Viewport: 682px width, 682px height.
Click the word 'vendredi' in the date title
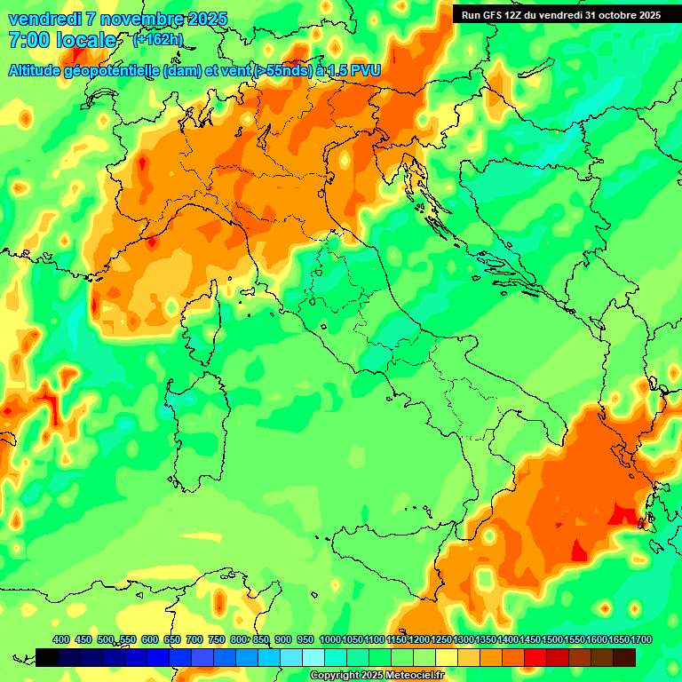(x=38, y=19)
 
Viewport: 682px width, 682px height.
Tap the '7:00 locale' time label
(x=61, y=40)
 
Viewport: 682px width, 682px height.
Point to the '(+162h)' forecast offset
(x=158, y=40)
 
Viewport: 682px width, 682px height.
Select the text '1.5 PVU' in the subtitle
(x=354, y=70)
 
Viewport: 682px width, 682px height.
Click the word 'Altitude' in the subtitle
(x=35, y=70)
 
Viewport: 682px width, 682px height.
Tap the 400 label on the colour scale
(x=61, y=640)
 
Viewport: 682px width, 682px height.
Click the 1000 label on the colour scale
(x=330, y=640)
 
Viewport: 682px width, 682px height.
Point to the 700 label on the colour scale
(x=194, y=640)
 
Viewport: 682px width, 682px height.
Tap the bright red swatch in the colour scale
(x=535, y=657)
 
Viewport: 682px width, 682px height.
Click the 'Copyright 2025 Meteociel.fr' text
(x=377, y=676)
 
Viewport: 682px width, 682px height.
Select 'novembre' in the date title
(x=128, y=19)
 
